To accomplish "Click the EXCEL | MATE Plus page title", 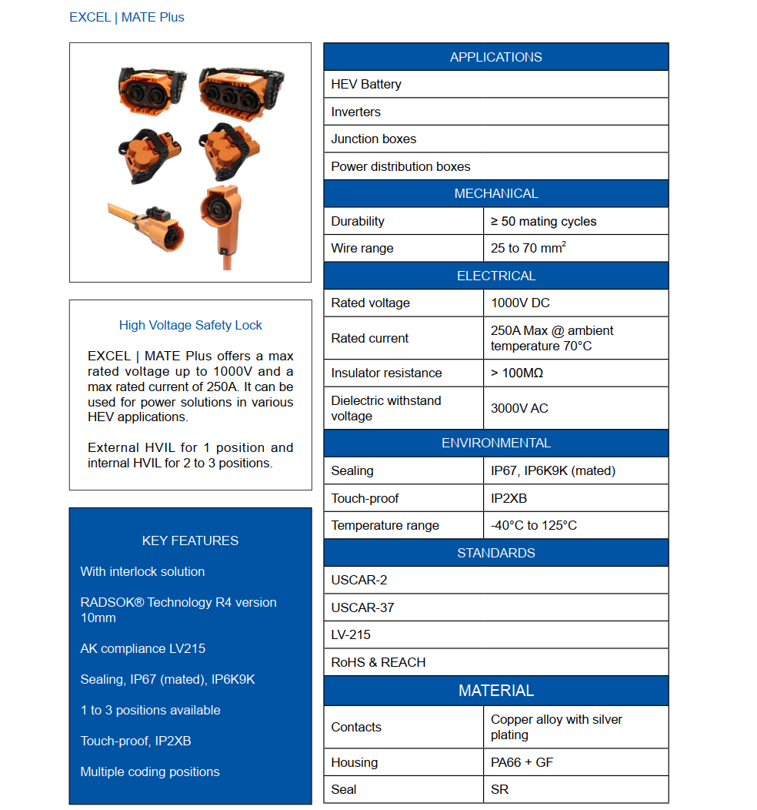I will point(127,17).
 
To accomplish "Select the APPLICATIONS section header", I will point(495,57).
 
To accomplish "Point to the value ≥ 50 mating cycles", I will point(543,221).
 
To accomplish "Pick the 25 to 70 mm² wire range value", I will point(529,248).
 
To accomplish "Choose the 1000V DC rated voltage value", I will point(520,303).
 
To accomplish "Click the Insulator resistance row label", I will point(386,373).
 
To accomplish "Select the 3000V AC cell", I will point(519,408).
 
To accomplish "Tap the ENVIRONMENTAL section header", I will point(495,443).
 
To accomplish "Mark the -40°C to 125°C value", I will point(533,525).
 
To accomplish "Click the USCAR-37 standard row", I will point(362,607).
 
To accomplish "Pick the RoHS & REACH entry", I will point(378,662).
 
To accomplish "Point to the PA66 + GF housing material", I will point(522,762).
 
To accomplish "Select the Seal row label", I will point(344,789).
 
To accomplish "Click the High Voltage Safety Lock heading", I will point(190,325).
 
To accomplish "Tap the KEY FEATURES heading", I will point(190,541).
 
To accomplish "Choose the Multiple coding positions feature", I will point(149,772).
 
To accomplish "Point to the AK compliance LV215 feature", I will point(142,648).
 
